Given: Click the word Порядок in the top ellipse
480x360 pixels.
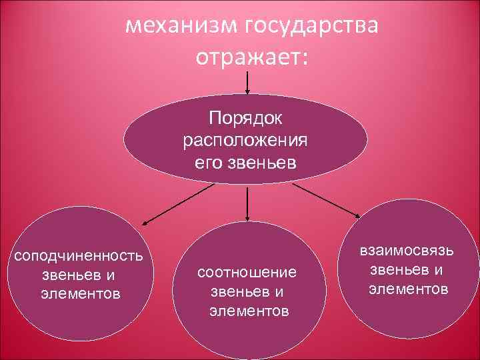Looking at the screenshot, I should tap(246, 118).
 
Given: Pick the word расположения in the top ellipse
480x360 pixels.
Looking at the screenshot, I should tap(245, 141).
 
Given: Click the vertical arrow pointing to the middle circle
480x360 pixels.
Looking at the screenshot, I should tap(247, 203).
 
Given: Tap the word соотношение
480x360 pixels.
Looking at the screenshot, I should tap(246, 273).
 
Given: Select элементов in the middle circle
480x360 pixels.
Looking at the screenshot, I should tap(249, 311).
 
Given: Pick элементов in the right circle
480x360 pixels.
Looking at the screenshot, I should tap(408, 289).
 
